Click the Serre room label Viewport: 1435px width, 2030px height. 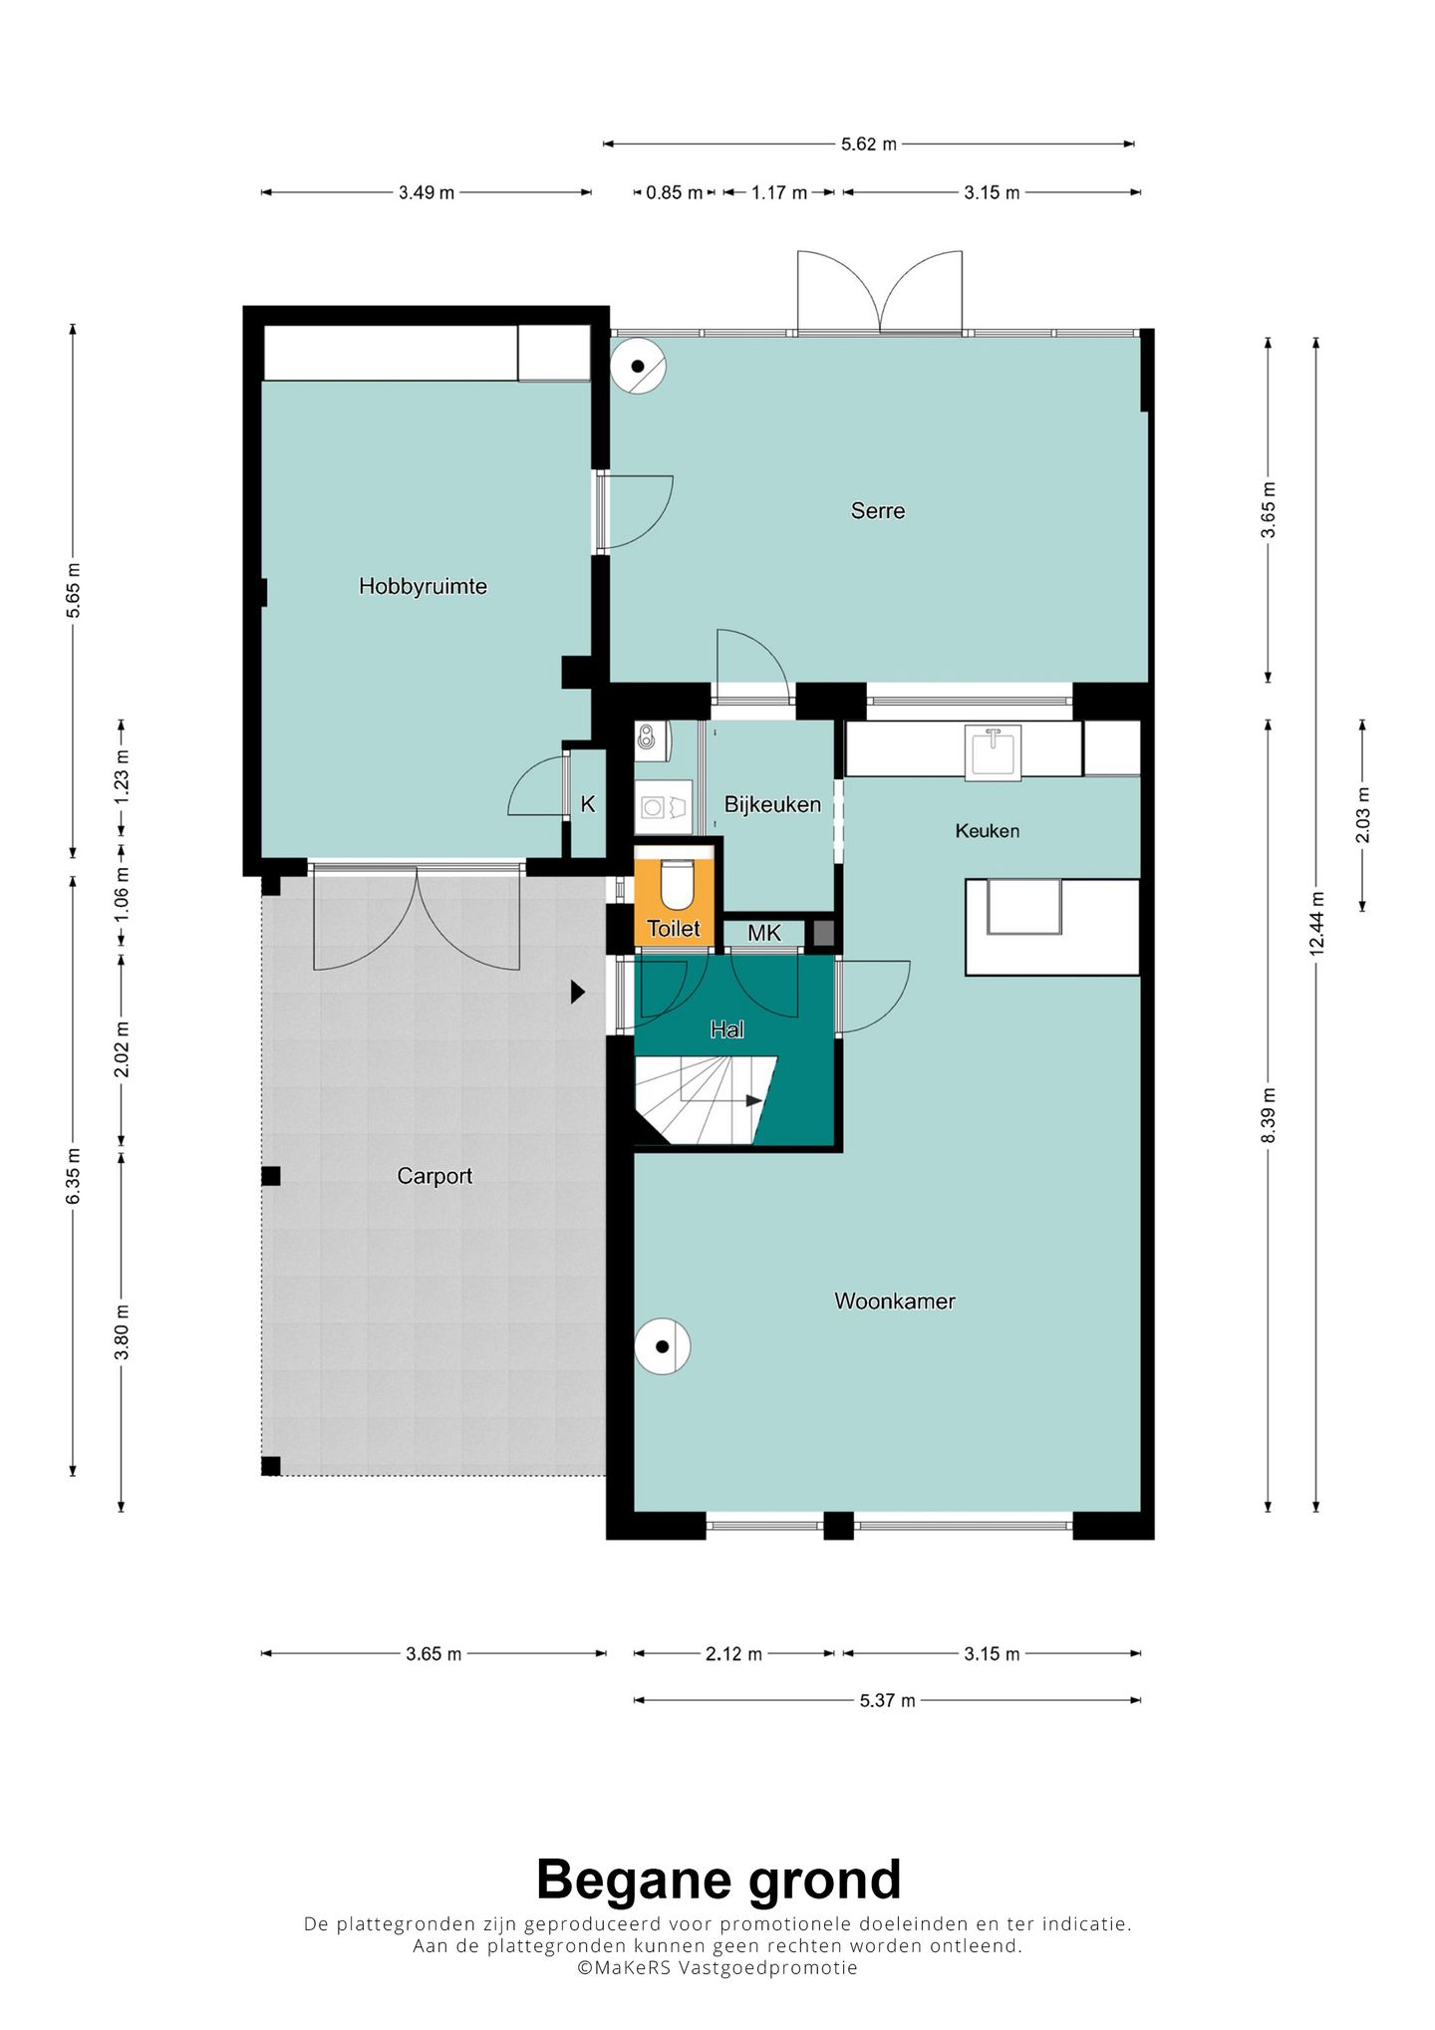click(x=877, y=511)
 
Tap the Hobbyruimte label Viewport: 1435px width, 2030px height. click(x=423, y=586)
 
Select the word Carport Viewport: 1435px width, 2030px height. click(x=434, y=1176)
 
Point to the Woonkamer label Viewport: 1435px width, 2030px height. click(x=894, y=1301)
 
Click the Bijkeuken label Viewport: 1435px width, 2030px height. click(x=772, y=804)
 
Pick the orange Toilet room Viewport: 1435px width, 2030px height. click(x=675, y=895)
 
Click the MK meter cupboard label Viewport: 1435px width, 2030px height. click(x=764, y=933)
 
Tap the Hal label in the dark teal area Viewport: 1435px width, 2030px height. click(x=726, y=1028)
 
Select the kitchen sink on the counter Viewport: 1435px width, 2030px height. click(x=993, y=750)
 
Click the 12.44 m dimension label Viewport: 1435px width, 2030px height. click(x=1316, y=923)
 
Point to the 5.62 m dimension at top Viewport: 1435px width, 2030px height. click(x=869, y=145)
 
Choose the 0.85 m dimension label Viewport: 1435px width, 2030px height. click(x=675, y=192)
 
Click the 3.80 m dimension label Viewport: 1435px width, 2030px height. click(x=122, y=1331)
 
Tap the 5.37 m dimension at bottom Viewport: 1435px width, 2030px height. click(x=887, y=1700)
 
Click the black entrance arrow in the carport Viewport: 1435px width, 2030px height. click(x=577, y=992)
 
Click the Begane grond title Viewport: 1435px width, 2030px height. click(x=718, y=1881)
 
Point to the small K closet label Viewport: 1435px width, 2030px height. click(x=588, y=804)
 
